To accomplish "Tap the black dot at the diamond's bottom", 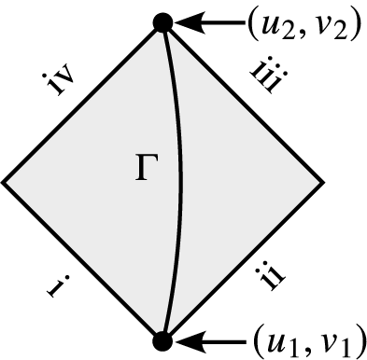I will pyautogui.click(x=162, y=339).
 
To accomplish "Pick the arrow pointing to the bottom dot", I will pyautogui.click(x=207, y=339).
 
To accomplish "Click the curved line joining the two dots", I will pyautogui.click(x=179, y=181).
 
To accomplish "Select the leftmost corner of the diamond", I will pyautogui.click(x=5, y=181).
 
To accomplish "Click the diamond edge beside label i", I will pyautogui.click(x=84, y=260).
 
